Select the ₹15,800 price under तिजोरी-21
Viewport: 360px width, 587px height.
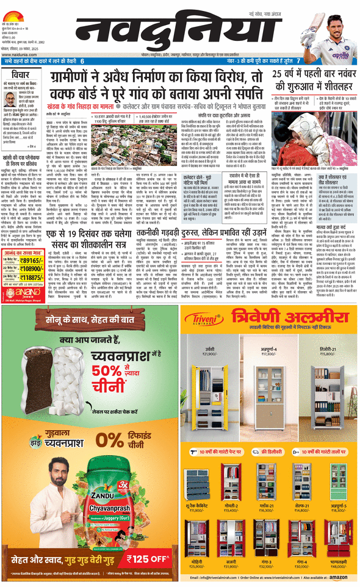pyautogui.click(x=327, y=353)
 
